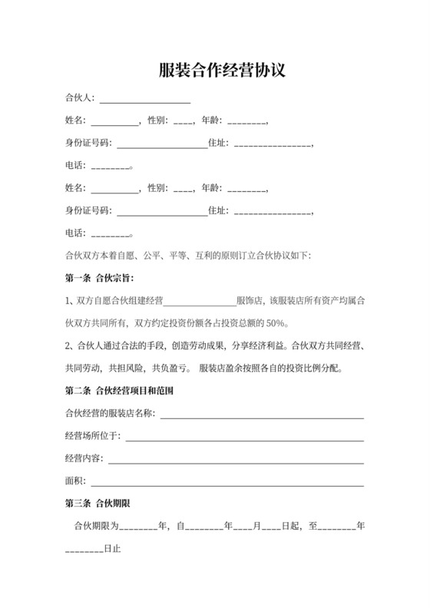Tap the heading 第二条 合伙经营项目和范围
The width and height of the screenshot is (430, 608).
tap(119, 391)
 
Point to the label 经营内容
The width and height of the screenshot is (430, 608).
tap(83, 460)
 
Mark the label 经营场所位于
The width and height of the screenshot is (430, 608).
tap(91, 437)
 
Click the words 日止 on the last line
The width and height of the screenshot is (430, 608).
tap(112, 550)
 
